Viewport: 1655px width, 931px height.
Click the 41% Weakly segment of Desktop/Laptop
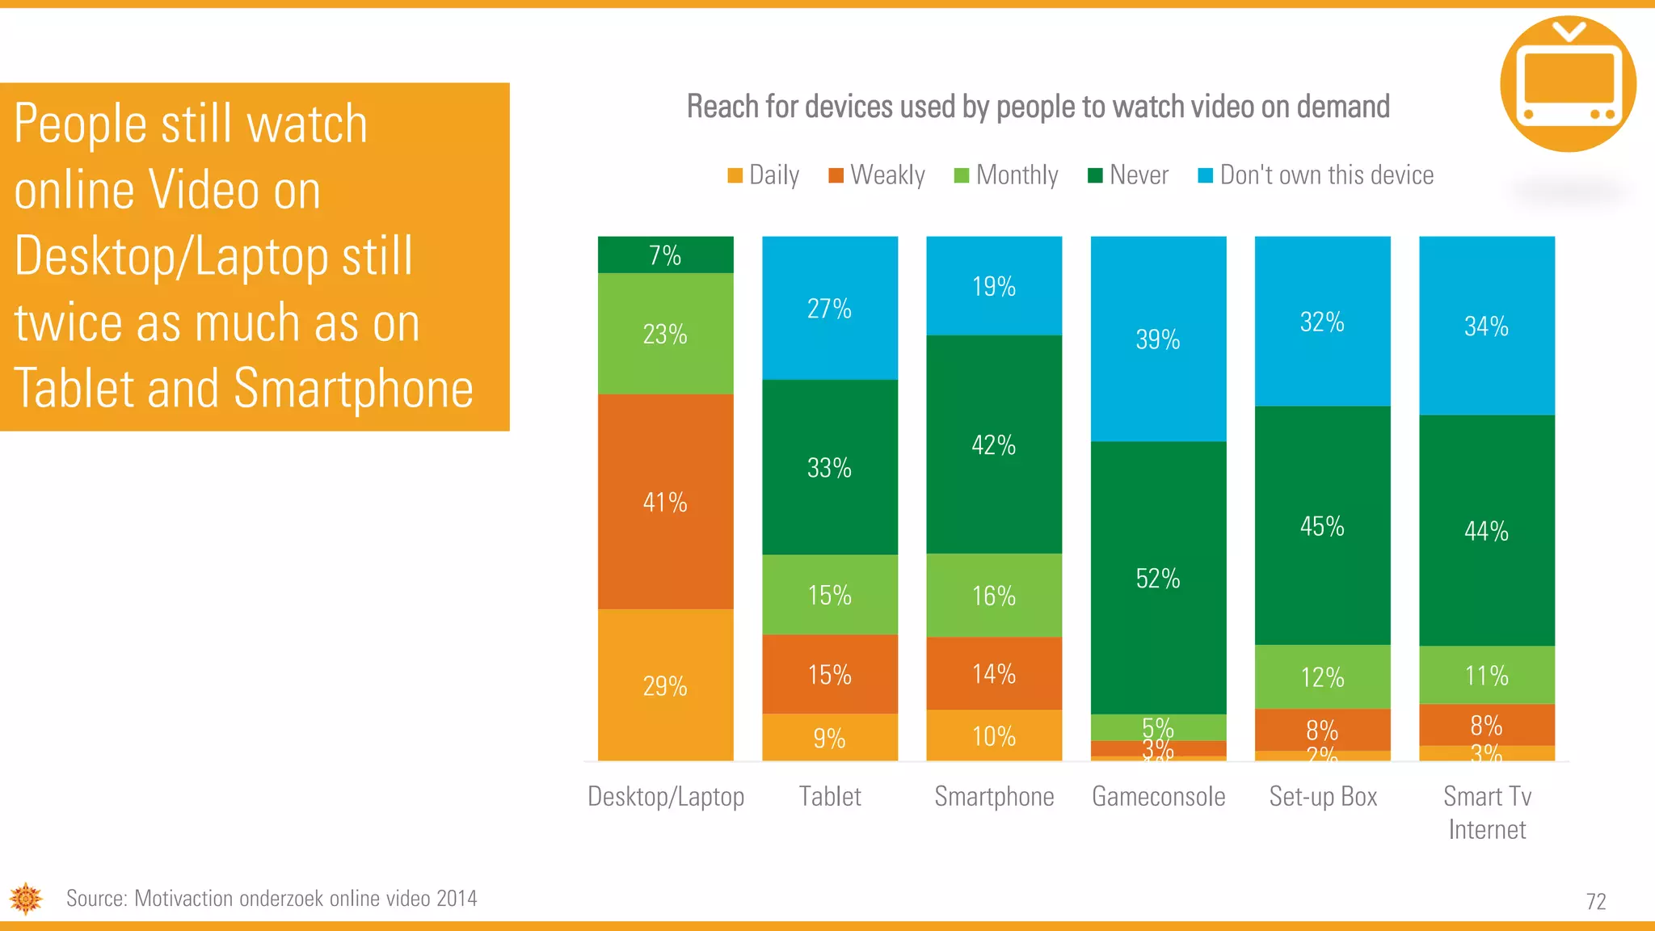[x=665, y=502]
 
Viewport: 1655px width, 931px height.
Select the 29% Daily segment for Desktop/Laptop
[x=665, y=685]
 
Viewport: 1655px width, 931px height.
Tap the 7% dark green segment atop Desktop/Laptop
[x=665, y=255]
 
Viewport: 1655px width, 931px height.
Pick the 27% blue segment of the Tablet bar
[x=829, y=308]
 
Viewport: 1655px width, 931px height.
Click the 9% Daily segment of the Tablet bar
[x=829, y=737]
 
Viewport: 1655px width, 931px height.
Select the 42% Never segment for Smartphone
[x=993, y=444]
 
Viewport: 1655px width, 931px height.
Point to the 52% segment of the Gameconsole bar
[x=1157, y=578]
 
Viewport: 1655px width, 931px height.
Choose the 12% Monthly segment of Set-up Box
[x=1322, y=676]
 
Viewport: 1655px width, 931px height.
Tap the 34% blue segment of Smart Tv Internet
[x=1486, y=326]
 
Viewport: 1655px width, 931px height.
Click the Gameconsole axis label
[x=1158, y=797]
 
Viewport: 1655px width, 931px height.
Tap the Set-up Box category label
[x=1323, y=797]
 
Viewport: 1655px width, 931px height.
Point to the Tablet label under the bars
[x=830, y=797]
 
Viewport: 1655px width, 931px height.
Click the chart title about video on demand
[x=1038, y=107]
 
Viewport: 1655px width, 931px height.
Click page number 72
[x=1595, y=901]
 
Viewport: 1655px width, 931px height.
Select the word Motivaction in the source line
[x=183, y=899]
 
